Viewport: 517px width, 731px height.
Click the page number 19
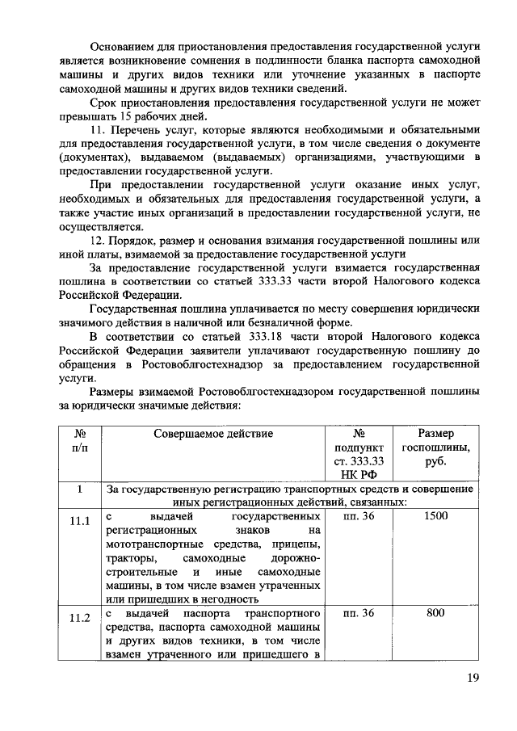pyautogui.click(x=473, y=678)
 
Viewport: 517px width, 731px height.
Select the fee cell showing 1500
pyautogui.click(x=435, y=516)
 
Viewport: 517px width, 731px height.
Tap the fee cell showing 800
pyautogui.click(x=435, y=613)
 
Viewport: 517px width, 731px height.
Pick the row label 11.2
pyautogui.click(x=78, y=619)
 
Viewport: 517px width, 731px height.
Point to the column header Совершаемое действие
pyautogui.click(x=213, y=433)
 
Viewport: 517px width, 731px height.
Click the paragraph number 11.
pyautogui.click(x=98, y=131)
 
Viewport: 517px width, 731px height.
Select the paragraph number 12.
pyautogui.click(x=98, y=242)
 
